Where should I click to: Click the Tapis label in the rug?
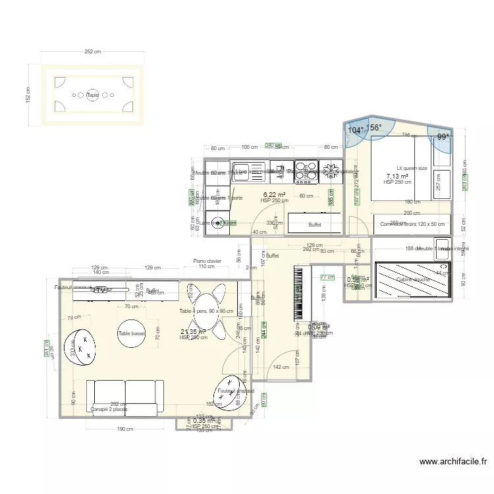click(x=92, y=94)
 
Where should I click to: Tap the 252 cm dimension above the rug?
click(x=92, y=52)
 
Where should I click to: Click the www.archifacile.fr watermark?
click(x=452, y=462)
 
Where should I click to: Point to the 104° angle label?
click(x=355, y=130)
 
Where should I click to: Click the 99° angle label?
click(x=444, y=137)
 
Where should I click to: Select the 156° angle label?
click(x=374, y=128)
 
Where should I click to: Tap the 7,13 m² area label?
click(x=397, y=176)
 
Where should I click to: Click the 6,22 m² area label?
click(x=274, y=194)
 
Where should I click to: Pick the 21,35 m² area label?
click(x=193, y=332)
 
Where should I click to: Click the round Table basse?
click(x=132, y=333)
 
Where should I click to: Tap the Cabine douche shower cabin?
click(x=413, y=280)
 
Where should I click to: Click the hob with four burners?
click(x=306, y=168)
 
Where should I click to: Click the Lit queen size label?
click(x=412, y=168)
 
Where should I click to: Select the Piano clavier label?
click(x=207, y=261)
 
